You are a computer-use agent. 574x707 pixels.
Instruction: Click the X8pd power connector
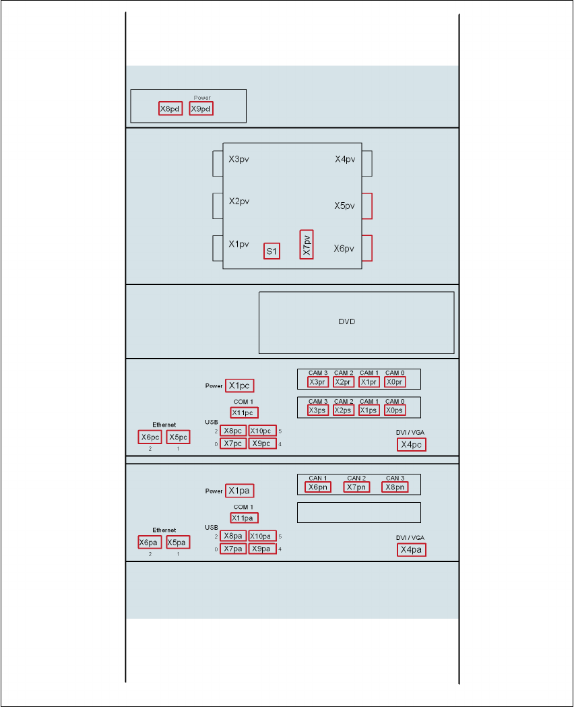170,109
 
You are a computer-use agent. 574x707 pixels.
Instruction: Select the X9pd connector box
201,109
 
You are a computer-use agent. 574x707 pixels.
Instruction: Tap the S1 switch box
272,251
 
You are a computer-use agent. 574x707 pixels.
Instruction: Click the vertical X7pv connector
307,244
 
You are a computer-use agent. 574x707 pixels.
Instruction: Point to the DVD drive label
346,321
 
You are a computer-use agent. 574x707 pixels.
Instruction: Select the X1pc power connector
239,386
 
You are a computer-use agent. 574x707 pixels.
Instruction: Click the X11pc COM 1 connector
244,412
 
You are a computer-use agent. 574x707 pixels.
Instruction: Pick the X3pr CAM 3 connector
318,382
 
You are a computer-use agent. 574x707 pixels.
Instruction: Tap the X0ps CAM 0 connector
395,410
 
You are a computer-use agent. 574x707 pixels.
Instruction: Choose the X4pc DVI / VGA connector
411,445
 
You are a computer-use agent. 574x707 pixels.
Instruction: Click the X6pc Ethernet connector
150,437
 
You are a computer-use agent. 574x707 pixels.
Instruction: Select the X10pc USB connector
262,431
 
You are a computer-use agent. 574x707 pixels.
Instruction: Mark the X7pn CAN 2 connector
356,487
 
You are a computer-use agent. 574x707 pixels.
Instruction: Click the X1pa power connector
239,491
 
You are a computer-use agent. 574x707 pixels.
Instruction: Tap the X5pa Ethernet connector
178,543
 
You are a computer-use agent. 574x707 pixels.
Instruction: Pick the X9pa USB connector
262,549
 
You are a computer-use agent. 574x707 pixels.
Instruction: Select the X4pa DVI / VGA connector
411,550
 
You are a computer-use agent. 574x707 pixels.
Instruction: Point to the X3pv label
239,160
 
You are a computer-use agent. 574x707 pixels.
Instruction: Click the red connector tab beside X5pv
366,206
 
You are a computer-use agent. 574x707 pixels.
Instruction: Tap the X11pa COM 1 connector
244,518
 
